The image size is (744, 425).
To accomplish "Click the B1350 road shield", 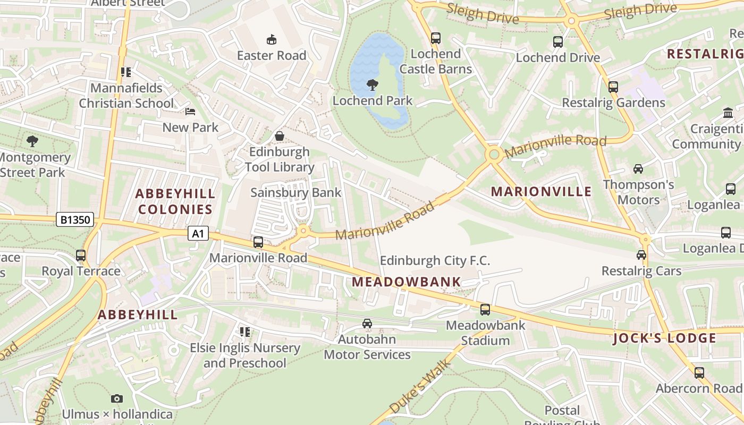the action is tap(75, 219).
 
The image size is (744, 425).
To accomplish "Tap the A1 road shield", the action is tap(198, 233).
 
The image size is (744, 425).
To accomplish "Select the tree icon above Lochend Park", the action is tap(373, 84).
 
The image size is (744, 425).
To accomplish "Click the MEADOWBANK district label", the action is tap(407, 282).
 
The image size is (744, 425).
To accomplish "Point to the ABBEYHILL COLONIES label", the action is tap(175, 201).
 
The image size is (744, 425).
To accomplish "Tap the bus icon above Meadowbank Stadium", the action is tap(485, 309).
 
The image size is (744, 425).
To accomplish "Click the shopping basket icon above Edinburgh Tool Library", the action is tap(280, 136).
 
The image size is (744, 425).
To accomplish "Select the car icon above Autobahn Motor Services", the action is tap(367, 323).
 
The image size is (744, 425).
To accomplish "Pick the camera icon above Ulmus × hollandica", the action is tap(117, 398).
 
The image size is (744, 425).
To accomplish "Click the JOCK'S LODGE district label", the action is tap(664, 338).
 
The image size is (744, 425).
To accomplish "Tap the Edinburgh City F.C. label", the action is tap(435, 261).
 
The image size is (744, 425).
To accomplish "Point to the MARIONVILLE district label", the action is tap(541, 192).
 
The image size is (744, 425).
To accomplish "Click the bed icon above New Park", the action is tap(190, 112).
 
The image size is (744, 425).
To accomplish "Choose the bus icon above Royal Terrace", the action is tap(81, 256).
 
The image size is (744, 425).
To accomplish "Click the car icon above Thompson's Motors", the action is tap(638, 169).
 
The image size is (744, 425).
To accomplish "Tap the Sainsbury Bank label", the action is tap(295, 192).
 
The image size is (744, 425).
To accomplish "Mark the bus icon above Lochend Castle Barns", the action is tap(436, 38).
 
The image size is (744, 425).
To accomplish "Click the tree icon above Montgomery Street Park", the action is tap(32, 141).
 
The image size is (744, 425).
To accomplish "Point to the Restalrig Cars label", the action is tap(641, 271).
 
